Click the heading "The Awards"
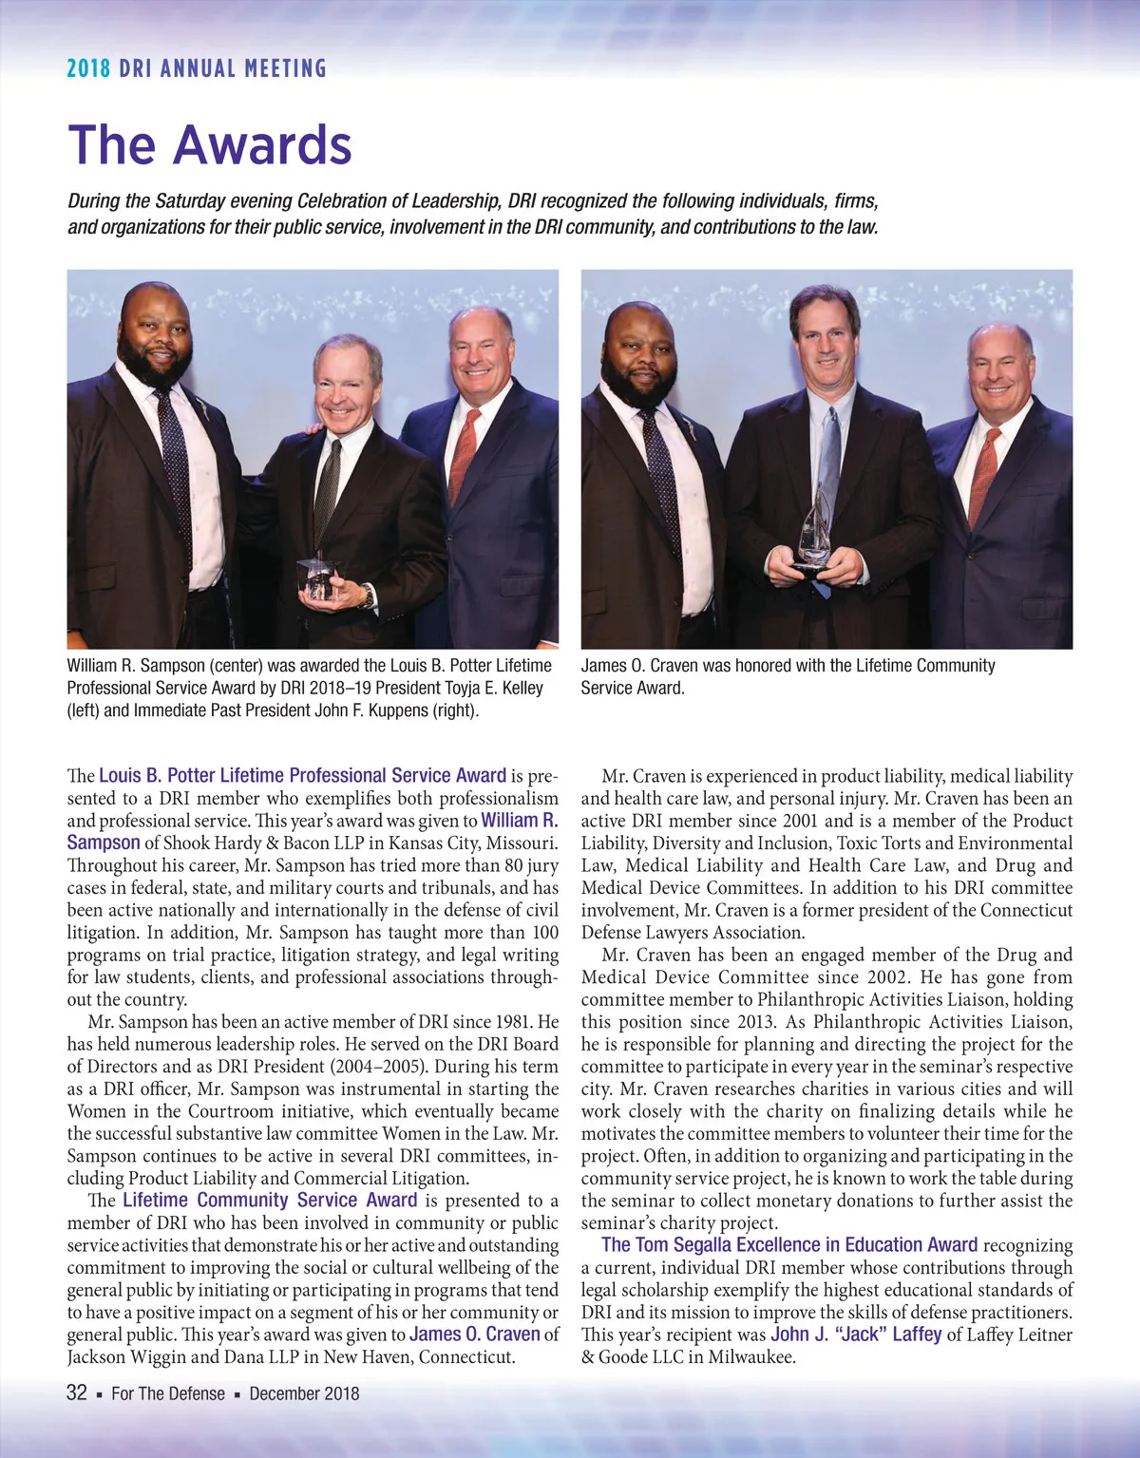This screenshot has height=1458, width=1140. click(x=210, y=145)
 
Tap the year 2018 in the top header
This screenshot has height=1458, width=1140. click(x=88, y=68)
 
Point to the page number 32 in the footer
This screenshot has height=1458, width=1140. click(x=77, y=1392)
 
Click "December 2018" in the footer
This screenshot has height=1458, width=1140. click(x=304, y=1393)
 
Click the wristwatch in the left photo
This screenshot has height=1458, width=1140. click(x=367, y=596)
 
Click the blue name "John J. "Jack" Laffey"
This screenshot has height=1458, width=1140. click(x=855, y=1335)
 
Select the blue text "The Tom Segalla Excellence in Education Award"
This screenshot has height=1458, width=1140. click(x=789, y=1245)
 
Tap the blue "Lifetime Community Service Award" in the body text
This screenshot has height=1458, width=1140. click(x=270, y=1201)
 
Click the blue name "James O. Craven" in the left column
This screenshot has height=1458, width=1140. click(x=474, y=1335)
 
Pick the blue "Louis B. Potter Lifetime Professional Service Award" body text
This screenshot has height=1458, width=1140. click(x=302, y=776)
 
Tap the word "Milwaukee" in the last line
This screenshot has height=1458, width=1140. click(x=750, y=1357)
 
